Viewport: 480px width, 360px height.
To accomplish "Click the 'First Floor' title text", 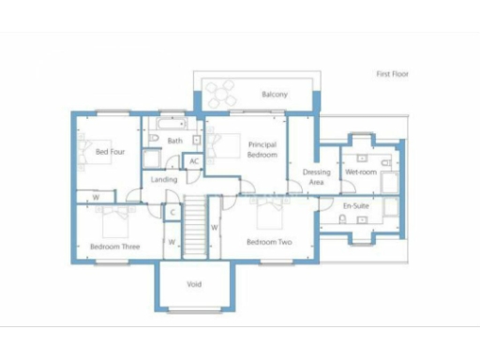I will [x=392, y=73].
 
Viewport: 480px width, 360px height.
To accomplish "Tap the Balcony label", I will [x=274, y=95].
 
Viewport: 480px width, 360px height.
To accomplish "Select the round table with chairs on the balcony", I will [x=223, y=93].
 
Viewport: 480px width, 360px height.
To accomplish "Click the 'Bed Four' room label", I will [x=110, y=151].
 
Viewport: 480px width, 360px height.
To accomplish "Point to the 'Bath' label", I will [x=174, y=142].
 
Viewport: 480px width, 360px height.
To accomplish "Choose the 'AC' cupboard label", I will [x=194, y=161].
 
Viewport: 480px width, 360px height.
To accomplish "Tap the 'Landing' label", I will [x=164, y=179].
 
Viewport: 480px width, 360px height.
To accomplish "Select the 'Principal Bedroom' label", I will [x=262, y=150].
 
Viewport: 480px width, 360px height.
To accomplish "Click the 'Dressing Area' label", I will [x=316, y=178].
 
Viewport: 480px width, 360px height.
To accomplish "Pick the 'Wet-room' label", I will [x=361, y=172].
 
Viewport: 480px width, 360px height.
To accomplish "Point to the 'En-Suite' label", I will [x=354, y=203].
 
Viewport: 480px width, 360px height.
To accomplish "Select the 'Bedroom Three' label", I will [x=114, y=247].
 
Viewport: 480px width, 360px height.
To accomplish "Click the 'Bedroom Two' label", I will [x=269, y=242].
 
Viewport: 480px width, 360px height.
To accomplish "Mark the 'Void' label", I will [x=194, y=284].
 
